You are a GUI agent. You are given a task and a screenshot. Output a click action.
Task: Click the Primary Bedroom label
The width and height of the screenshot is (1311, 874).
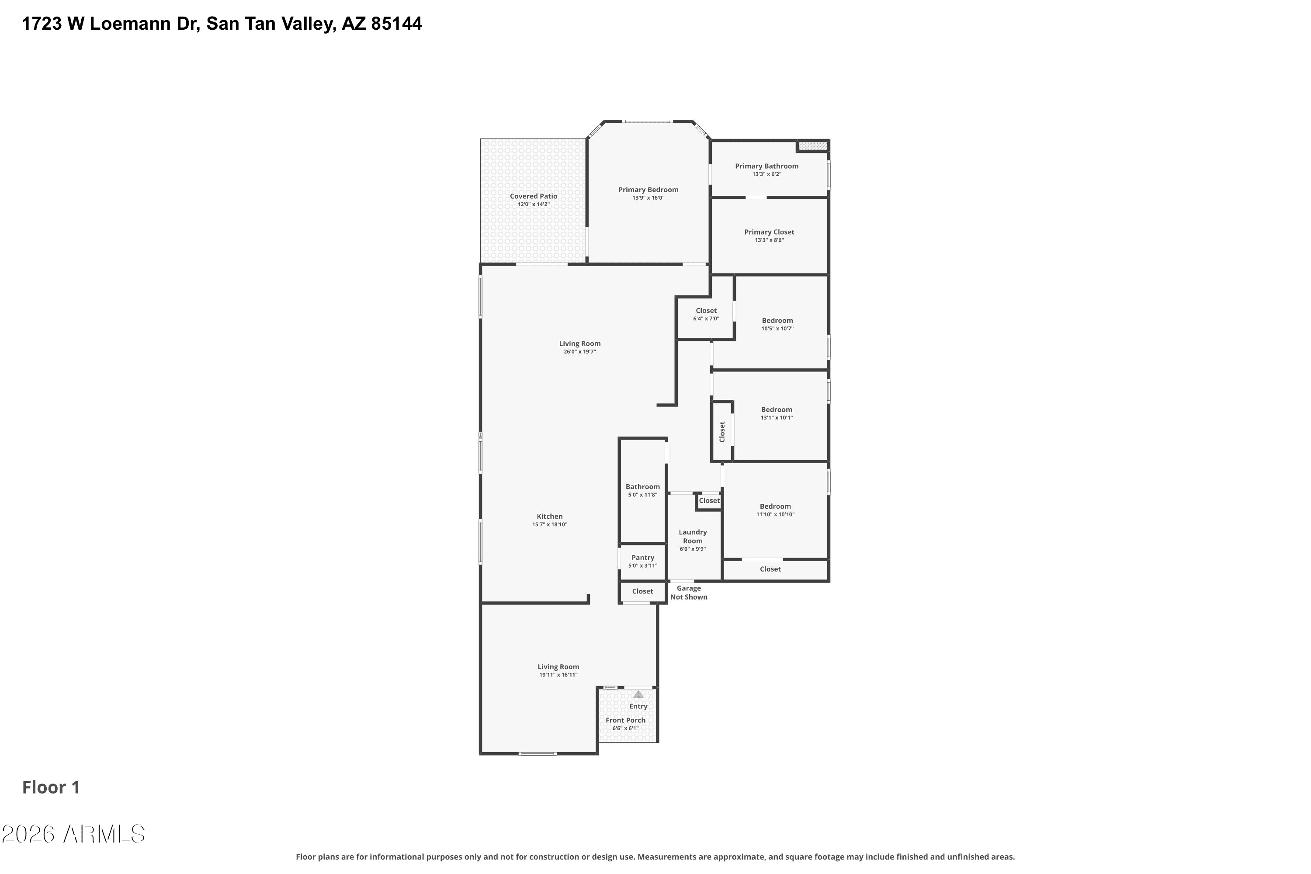(x=648, y=190)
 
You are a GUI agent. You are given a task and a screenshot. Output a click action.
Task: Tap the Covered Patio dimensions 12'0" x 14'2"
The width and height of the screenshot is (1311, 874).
(x=534, y=205)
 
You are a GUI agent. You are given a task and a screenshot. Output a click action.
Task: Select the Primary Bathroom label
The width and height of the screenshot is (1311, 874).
(x=766, y=166)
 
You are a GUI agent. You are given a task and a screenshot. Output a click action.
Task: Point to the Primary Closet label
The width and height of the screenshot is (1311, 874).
(x=769, y=232)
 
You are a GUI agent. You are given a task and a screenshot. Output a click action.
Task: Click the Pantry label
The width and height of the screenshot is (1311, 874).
(x=643, y=558)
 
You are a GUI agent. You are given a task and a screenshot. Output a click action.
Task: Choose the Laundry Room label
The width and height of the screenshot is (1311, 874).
(x=693, y=536)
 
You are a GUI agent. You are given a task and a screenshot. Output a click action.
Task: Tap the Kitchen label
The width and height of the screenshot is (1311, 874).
(x=550, y=516)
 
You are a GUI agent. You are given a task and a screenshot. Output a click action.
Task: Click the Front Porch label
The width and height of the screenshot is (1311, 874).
(x=625, y=720)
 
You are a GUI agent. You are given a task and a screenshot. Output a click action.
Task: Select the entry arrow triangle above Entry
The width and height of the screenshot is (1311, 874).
(x=638, y=694)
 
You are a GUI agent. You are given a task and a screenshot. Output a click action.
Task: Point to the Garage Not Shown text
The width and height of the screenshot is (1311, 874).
(x=689, y=593)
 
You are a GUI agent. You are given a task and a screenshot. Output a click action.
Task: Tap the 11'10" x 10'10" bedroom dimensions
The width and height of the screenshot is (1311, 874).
(x=775, y=514)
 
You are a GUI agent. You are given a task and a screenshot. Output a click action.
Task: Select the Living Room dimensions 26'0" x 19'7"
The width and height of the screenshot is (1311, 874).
(x=580, y=352)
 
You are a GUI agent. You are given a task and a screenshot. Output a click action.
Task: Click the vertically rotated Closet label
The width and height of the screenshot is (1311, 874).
(x=722, y=431)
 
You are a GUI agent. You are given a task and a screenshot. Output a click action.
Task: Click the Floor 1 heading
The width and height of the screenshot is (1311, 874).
(x=51, y=787)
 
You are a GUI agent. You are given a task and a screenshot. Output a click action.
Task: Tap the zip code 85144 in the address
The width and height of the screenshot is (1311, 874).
(x=396, y=24)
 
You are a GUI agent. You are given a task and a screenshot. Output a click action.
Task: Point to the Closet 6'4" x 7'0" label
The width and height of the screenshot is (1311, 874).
(x=706, y=310)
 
